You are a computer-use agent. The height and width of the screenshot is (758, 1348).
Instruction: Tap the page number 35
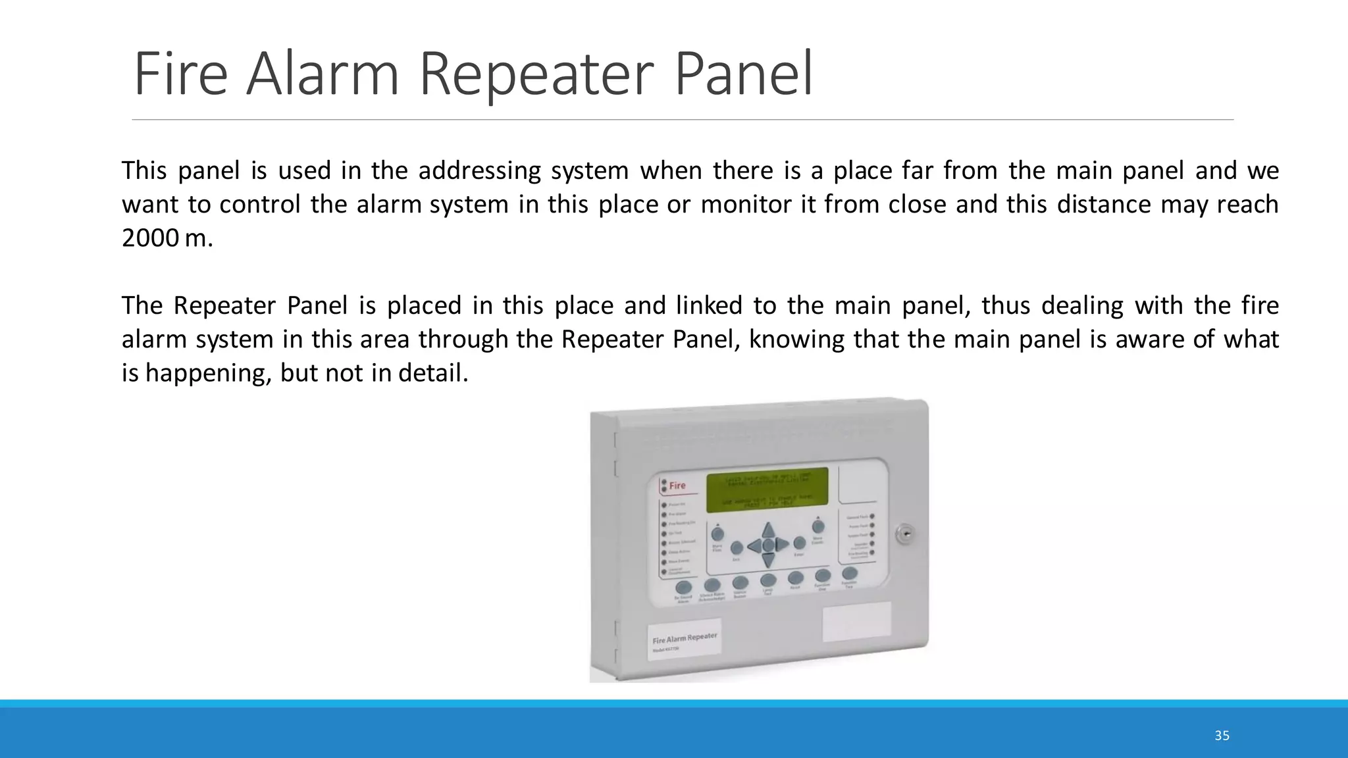pyautogui.click(x=1222, y=736)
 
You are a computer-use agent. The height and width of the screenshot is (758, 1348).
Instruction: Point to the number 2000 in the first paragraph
pyautogui.click(x=150, y=238)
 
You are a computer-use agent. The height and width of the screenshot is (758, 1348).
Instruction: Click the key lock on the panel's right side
pyautogui.click(x=905, y=534)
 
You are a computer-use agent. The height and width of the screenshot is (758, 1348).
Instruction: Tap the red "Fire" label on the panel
pyautogui.click(x=677, y=486)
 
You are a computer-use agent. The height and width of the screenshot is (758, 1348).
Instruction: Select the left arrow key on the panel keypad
pyautogui.click(x=754, y=545)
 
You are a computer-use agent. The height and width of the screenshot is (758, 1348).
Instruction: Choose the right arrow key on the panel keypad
pyautogui.click(x=782, y=544)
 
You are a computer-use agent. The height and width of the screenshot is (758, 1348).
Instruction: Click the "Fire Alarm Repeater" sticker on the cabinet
pyautogui.click(x=685, y=638)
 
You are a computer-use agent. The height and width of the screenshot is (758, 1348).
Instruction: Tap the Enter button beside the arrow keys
pyautogui.click(x=799, y=543)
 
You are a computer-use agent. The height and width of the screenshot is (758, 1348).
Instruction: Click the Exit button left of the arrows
pyautogui.click(x=737, y=548)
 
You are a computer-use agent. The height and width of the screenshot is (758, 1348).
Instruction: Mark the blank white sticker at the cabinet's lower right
pyautogui.click(x=856, y=621)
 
